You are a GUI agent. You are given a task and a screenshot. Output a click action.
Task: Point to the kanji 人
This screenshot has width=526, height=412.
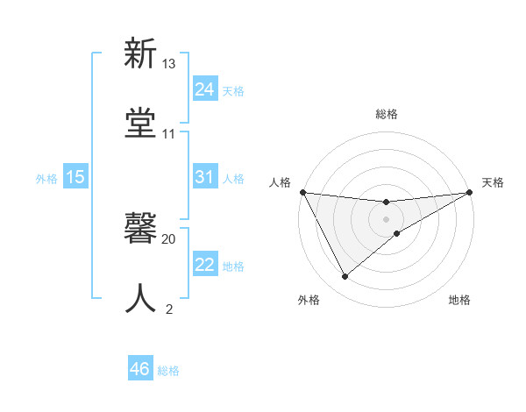point(141,299)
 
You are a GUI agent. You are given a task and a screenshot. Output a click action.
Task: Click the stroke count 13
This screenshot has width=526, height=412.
point(169,64)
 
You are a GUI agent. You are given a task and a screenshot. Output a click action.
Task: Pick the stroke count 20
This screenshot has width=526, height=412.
point(169,238)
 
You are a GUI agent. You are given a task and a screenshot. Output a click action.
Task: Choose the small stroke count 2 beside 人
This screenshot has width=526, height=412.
point(169,309)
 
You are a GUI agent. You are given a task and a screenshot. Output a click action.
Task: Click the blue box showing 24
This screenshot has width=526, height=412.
point(204,89)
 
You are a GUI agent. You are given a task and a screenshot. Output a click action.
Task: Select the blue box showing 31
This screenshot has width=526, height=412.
point(204,177)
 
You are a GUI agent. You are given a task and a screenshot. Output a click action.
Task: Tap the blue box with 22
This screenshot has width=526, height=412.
point(204,265)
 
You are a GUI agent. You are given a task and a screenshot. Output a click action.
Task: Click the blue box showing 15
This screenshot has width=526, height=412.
point(75,177)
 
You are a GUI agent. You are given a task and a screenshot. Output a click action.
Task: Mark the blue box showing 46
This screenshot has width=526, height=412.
point(140,369)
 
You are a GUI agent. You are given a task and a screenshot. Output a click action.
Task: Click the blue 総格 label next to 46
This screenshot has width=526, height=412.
point(168,371)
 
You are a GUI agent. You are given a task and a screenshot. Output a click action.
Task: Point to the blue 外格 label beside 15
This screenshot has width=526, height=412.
point(46,178)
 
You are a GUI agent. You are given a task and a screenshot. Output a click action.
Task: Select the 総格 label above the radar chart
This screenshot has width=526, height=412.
point(387,114)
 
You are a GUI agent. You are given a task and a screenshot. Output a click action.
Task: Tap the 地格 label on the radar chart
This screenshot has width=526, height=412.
point(459,300)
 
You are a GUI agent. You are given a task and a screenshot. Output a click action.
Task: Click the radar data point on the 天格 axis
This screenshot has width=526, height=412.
point(470,192)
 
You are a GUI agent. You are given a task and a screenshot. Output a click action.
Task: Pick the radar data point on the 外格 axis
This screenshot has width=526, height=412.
point(345,277)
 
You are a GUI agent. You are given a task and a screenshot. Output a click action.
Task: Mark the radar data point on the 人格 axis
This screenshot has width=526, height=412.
point(302,192)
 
